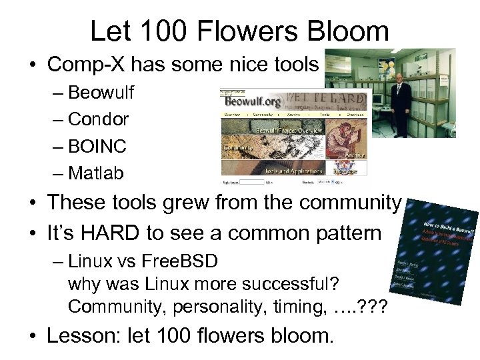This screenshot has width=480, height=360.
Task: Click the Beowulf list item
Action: point(101,92)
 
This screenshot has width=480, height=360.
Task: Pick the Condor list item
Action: point(98,119)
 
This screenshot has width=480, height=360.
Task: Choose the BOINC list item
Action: point(97,146)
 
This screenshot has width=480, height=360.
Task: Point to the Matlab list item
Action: point(96,173)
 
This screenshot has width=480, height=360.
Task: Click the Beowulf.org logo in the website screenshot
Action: point(253,102)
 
